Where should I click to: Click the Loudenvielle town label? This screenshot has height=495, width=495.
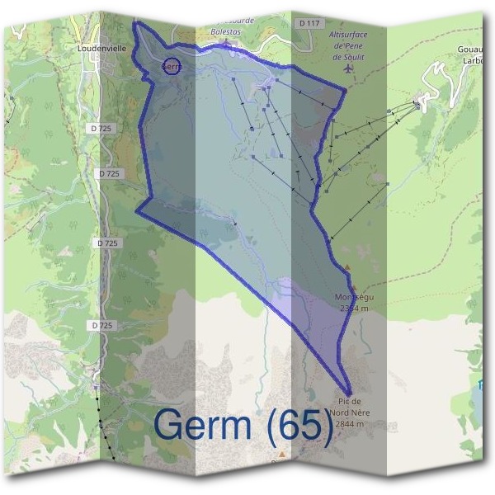click(101, 49)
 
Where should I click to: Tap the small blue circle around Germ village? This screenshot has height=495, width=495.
click(172, 66)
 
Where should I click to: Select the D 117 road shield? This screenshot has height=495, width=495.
click(311, 23)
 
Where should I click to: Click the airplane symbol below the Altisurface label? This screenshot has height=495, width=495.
click(348, 69)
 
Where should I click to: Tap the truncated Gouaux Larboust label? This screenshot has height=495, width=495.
click(475, 54)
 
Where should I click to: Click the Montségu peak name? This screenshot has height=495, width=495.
click(356, 297)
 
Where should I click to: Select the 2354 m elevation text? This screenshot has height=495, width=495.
click(356, 308)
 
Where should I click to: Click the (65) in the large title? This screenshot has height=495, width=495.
click(301, 426)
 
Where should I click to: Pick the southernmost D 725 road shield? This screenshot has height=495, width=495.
click(101, 325)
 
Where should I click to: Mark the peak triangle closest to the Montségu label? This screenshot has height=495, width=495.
click(348, 267)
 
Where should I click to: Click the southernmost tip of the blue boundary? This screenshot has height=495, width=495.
click(351, 394)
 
